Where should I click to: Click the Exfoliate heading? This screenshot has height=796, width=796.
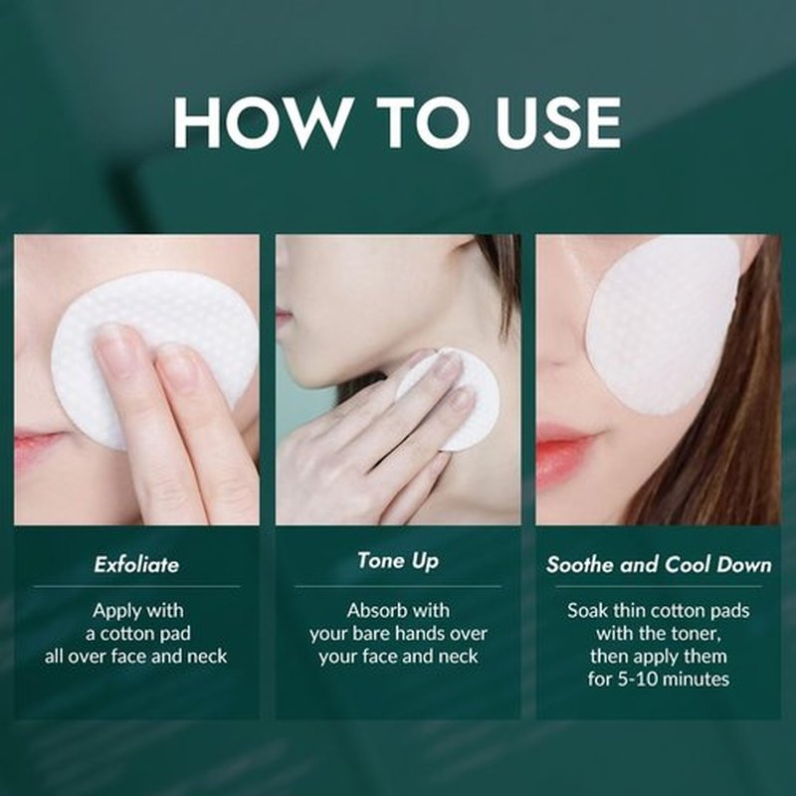[136, 564]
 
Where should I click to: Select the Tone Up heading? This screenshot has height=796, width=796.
[398, 561]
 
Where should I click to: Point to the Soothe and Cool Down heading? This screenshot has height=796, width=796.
[659, 564]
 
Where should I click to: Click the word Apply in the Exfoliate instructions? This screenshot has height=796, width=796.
[112, 611]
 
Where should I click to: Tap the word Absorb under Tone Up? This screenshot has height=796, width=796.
[370, 610]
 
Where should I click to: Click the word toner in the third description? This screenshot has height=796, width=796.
[695, 634]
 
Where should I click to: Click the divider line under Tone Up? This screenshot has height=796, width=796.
[398, 586]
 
